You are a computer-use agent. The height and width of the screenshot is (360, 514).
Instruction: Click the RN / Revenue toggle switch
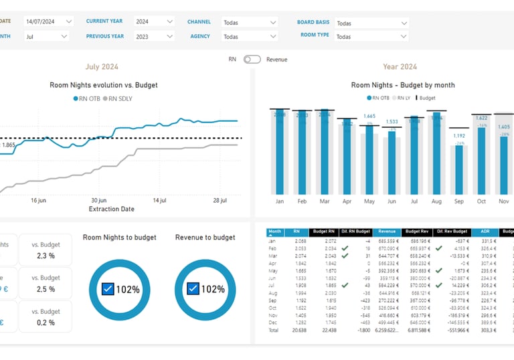(x=252, y=60)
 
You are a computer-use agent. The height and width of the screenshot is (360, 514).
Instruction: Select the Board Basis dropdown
(x=371, y=23)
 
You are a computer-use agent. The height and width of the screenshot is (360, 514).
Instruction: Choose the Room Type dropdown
(x=371, y=36)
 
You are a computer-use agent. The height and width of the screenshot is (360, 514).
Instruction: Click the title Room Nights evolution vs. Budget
(x=104, y=85)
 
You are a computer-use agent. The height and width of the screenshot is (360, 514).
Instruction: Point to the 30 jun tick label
(x=98, y=200)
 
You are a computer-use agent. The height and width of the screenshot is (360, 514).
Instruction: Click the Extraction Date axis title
(x=111, y=209)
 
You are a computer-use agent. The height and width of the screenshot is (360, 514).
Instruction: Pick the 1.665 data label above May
(x=369, y=116)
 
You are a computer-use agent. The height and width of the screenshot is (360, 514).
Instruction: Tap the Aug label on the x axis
(x=436, y=201)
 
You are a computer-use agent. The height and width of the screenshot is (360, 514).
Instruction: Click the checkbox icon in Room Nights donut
(x=108, y=289)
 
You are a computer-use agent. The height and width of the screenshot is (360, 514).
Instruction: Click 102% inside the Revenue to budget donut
(x=213, y=289)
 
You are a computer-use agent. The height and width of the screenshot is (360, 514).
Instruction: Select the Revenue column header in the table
(x=386, y=232)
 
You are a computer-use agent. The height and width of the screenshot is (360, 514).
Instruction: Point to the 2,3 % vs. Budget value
(x=46, y=256)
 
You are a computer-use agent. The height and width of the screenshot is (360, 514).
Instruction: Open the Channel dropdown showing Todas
(x=250, y=22)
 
